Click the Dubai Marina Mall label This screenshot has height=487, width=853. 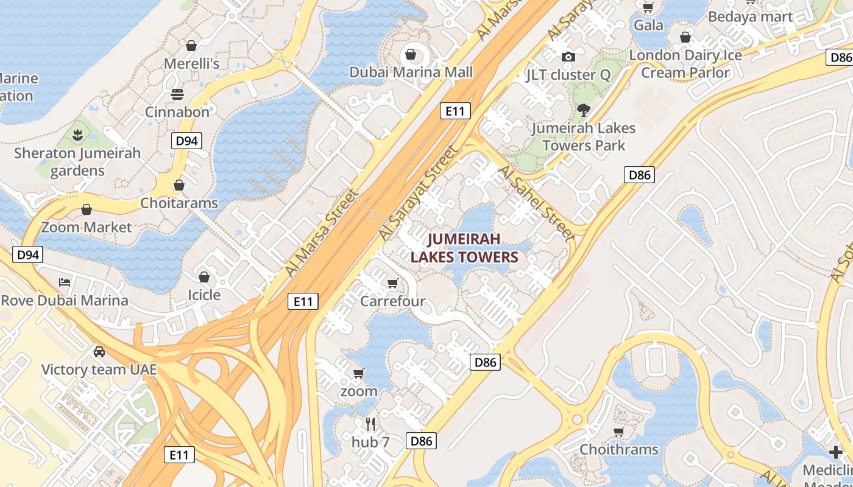tap(411, 72)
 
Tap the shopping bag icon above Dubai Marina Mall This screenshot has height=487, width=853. tap(411, 55)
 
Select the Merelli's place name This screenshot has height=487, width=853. tap(191, 63)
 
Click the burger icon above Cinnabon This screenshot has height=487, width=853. tap(177, 94)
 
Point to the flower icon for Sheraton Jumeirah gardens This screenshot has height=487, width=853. tap(77, 135)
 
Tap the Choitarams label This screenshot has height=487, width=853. tap(179, 203)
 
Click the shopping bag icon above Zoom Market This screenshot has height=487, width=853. tap(87, 210)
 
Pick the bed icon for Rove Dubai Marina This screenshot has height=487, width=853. tap(65, 282)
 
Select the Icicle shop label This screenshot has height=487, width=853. tap(204, 295)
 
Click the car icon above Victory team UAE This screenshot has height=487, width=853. tap(99, 352)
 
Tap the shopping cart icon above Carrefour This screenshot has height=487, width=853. tap(393, 283)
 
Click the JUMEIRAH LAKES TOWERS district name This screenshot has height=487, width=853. tap(464, 248)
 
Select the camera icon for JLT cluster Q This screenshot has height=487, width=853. tap(568, 57)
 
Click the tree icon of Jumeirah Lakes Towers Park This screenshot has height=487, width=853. tap(584, 110)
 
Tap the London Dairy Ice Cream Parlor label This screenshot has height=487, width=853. tap(685, 64)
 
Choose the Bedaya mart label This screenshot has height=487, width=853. tap(751, 17)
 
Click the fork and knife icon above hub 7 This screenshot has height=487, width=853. tap(370, 424)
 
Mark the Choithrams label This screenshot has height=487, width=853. tap(619, 449)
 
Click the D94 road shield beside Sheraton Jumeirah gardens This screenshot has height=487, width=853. tap(186, 141)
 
